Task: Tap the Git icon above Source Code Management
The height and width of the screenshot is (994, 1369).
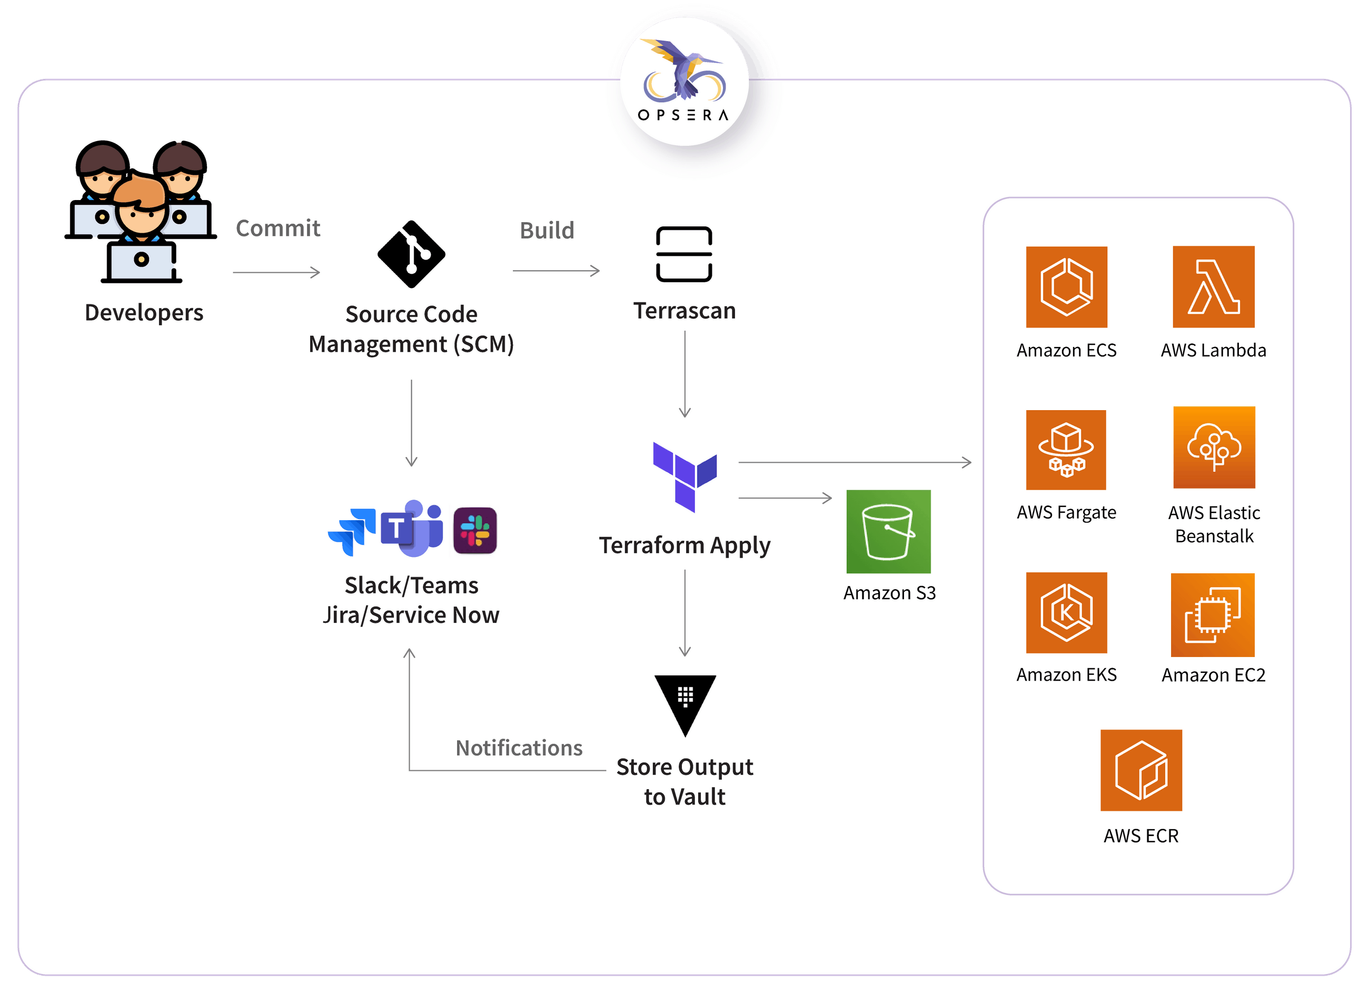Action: click(x=412, y=254)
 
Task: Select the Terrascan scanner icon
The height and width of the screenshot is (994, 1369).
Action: click(x=684, y=254)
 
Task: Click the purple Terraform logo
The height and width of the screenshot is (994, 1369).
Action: click(x=684, y=477)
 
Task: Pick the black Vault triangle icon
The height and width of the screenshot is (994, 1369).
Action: click(x=685, y=703)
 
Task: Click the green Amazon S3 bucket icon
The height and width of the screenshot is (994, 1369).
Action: click(x=888, y=531)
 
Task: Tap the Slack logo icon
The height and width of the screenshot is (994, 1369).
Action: click(x=475, y=531)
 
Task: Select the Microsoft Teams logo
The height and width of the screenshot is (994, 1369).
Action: click(x=413, y=528)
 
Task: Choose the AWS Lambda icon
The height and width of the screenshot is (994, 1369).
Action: click(x=1213, y=287)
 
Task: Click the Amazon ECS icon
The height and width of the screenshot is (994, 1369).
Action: click(x=1067, y=287)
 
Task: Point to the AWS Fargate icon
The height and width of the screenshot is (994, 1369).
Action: click(x=1066, y=450)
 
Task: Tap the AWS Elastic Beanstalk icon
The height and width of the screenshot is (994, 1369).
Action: click(x=1214, y=447)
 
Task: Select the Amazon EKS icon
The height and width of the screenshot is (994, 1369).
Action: click(x=1067, y=613)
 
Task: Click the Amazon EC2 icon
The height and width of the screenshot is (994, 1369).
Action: click(x=1213, y=614)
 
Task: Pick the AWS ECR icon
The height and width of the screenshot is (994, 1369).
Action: click(x=1141, y=770)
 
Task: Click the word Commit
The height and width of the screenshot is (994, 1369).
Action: click(x=277, y=228)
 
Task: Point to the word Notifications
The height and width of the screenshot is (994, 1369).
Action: click(x=519, y=748)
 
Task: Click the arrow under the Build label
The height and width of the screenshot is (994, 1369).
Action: click(x=556, y=271)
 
